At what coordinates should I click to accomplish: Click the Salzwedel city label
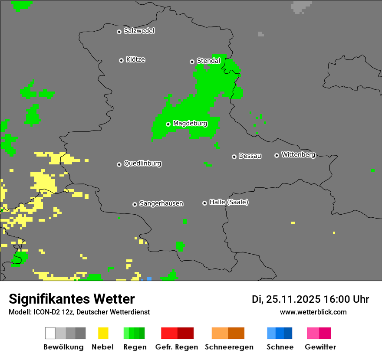click(139, 31)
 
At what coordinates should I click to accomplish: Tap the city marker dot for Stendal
click(192, 62)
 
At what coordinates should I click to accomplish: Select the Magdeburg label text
click(190, 124)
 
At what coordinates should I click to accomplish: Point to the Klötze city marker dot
click(121, 60)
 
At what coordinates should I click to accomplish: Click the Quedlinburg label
click(142, 164)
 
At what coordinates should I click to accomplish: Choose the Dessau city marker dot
click(234, 157)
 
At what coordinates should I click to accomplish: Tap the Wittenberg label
click(298, 154)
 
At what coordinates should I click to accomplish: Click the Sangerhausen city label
click(161, 203)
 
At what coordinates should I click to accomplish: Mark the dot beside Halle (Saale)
click(204, 203)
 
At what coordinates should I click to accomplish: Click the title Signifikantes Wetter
click(72, 299)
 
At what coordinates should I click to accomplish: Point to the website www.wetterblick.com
click(313, 312)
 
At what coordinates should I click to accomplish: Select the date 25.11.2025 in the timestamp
click(293, 299)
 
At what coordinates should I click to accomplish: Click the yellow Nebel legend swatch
click(103, 333)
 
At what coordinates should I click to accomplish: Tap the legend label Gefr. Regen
click(176, 347)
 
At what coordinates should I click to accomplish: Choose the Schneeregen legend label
click(229, 347)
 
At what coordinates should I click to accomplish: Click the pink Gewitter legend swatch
click(313, 333)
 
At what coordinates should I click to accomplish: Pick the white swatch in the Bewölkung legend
click(50, 333)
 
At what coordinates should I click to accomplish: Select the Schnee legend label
click(280, 347)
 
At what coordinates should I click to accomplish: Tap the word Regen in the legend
click(135, 347)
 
